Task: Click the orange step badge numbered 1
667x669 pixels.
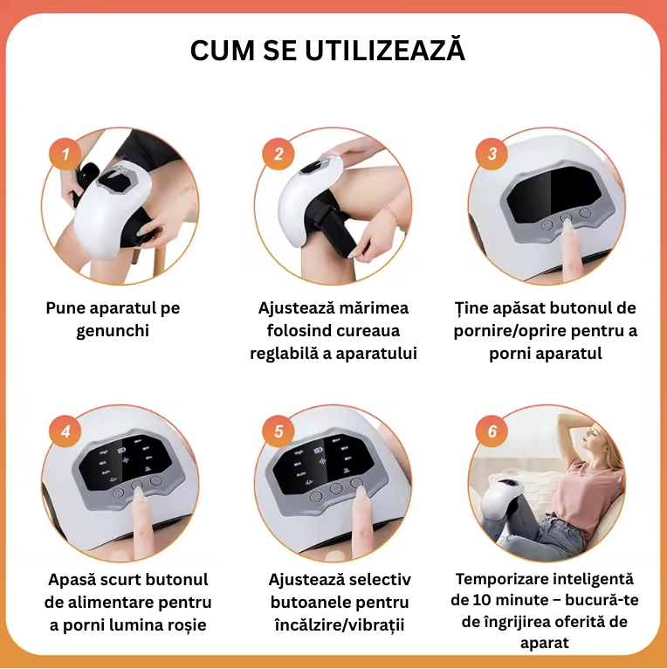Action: tap(65, 154)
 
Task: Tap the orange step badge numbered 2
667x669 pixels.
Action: tap(278, 154)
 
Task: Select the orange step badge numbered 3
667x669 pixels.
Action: tap(492, 154)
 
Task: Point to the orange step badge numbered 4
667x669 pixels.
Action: tap(65, 431)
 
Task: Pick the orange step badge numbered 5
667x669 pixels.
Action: tap(278, 431)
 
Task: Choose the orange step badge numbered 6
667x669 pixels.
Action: tap(492, 431)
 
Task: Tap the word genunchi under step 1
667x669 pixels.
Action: tap(113, 332)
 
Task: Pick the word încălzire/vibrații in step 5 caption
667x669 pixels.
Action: tap(340, 625)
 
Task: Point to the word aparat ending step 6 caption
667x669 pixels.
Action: tap(545, 643)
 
